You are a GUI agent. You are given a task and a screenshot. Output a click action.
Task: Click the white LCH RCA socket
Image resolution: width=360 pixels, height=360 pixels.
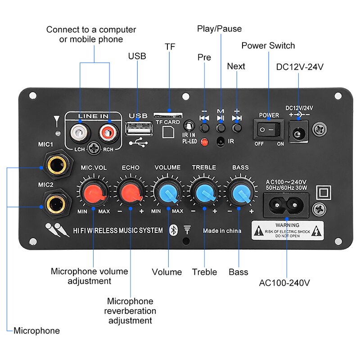coord(80,133)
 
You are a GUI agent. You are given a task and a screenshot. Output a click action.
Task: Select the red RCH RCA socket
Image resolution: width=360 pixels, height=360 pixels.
coord(108,133)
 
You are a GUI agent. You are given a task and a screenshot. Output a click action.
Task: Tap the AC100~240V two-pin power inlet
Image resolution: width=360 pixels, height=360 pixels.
coord(286,206)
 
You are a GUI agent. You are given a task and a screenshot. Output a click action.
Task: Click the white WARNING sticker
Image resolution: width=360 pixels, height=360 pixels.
coord(287,230)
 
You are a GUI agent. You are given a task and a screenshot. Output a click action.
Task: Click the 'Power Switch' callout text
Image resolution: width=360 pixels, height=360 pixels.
coord(268,45)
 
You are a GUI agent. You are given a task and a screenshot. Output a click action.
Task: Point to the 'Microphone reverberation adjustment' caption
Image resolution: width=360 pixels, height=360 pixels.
coord(130,311)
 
